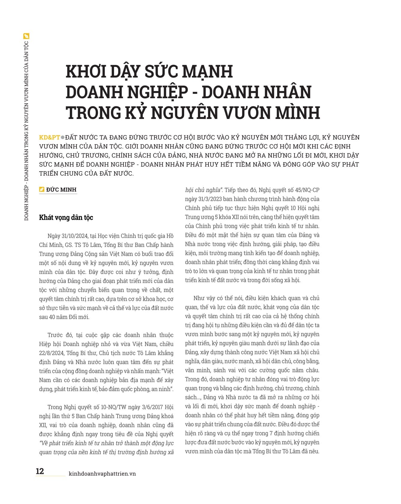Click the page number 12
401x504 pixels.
(40, 471)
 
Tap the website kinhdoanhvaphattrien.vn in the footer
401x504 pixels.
(102, 474)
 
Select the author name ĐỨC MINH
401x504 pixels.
(61, 190)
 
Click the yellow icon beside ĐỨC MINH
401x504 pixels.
(42, 190)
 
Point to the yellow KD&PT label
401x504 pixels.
(49, 138)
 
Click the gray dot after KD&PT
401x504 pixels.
(62, 138)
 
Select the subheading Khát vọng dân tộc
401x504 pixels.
(66, 217)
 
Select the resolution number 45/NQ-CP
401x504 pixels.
(307, 190)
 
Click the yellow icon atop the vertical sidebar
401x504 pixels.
(26, 36)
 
